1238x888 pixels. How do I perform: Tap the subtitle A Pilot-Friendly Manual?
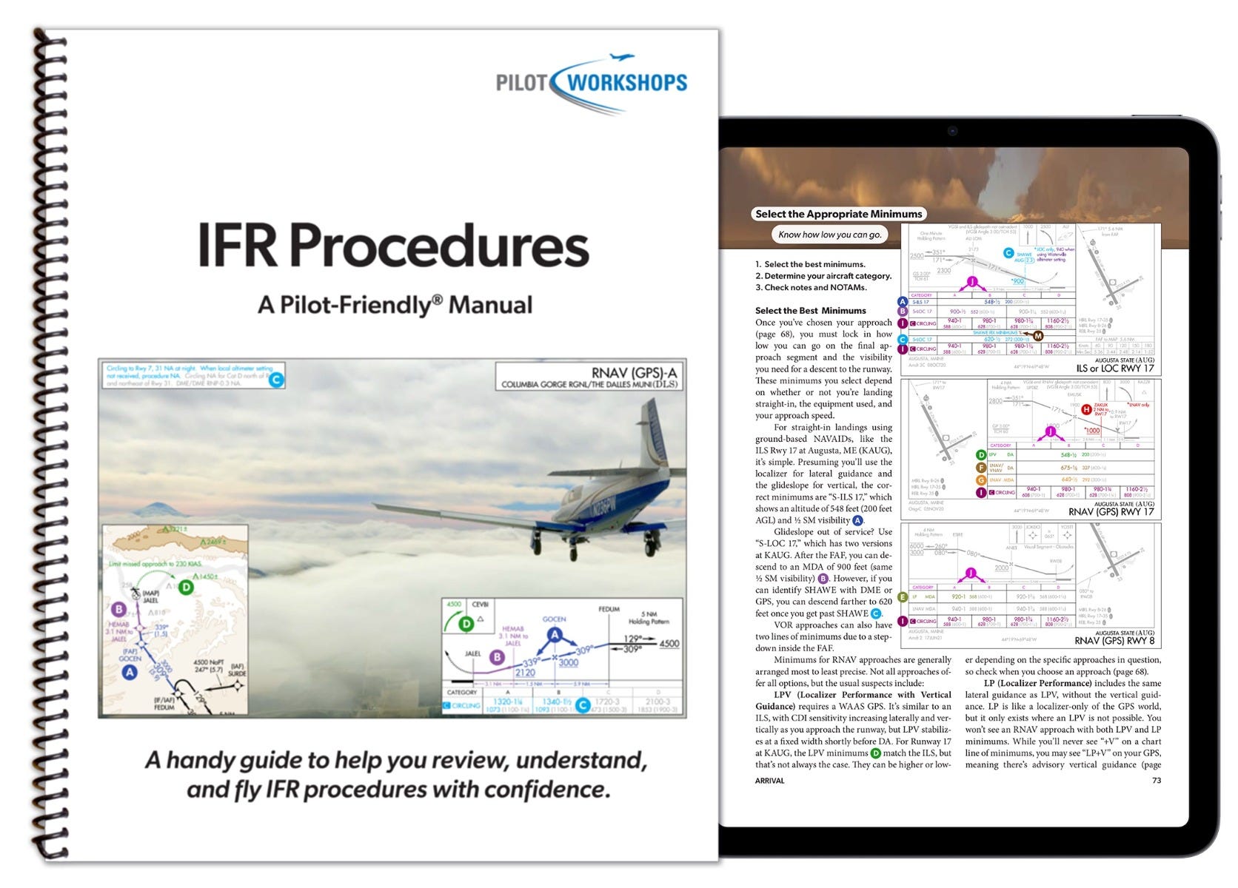[x=395, y=305]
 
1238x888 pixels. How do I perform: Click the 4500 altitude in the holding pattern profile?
[x=669, y=643]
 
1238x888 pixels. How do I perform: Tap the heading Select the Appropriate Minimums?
[x=838, y=214]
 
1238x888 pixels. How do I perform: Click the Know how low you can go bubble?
[x=829, y=235]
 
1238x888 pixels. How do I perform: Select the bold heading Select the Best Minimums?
[x=810, y=311]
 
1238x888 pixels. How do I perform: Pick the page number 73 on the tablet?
[x=1156, y=780]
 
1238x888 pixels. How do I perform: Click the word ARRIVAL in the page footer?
[x=769, y=780]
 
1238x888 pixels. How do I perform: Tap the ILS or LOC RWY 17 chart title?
[x=1114, y=368]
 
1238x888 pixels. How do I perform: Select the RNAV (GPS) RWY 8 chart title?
[x=1114, y=641]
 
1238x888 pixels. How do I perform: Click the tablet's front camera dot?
[x=951, y=132]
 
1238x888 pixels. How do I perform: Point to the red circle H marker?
[x=1086, y=409]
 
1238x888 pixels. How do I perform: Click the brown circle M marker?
[x=1038, y=336]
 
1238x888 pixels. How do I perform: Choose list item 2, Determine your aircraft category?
[x=823, y=276]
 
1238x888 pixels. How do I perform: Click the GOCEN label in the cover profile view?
[x=554, y=619]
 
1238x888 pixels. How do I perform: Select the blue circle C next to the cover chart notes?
[x=275, y=380]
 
